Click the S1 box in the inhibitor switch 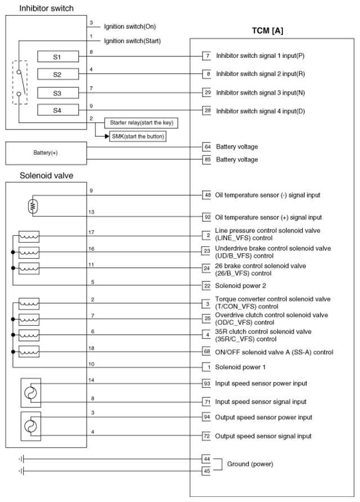(57, 56)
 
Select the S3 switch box (57, 93)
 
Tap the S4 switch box (57, 110)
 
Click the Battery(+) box (46, 153)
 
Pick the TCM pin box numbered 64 (207, 147)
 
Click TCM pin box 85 (207, 159)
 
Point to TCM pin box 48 (207, 195)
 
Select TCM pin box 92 (207, 217)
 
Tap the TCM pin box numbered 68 (207, 352)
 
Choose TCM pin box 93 (207, 384)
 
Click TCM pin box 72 (207, 436)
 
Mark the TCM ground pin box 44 (207, 459)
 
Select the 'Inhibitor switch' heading (46, 8)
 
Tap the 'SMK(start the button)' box (138, 136)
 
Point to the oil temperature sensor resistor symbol (32, 207)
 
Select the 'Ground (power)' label (250, 464)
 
